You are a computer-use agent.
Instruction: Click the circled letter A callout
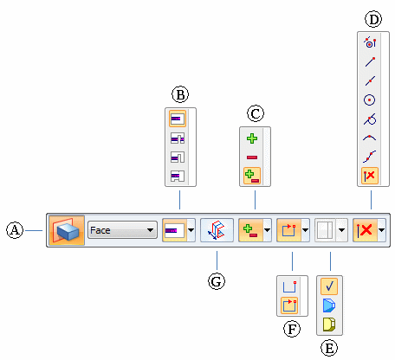point(15,230)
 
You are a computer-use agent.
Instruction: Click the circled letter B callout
point(180,94)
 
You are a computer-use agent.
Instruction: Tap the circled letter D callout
point(373,19)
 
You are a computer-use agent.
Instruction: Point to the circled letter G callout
point(217,281)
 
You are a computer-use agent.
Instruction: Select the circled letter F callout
point(292,329)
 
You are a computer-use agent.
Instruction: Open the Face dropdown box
point(122,230)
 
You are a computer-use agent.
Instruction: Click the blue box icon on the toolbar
point(67,230)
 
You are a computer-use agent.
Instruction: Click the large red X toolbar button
point(366,230)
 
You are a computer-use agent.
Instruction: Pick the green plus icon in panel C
point(252,138)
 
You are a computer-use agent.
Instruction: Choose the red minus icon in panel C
point(252,157)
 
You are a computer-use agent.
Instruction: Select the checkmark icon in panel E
point(329,286)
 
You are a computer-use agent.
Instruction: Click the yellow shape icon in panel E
point(329,324)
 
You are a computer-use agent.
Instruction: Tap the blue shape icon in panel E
point(329,305)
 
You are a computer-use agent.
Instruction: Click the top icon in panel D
point(370,42)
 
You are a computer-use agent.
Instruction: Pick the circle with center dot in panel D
point(369,100)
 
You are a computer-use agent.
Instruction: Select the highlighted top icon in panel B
point(178,119)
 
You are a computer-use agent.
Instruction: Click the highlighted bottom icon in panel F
point(289,305)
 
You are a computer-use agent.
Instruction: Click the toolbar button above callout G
point(217,230)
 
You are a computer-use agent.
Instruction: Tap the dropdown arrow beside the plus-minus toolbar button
point(267,230)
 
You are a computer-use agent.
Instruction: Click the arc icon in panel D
point(369,138)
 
